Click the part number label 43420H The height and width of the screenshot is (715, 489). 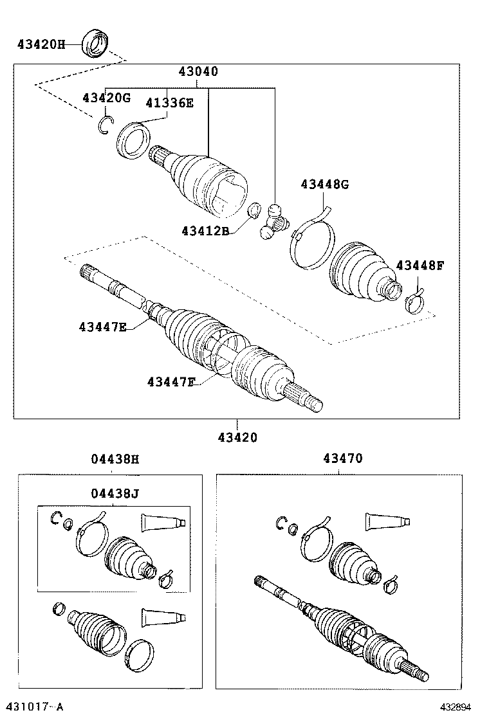(x=41, y=44)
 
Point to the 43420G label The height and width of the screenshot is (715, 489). (x=106, y=98)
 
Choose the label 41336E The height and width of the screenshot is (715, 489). (x=169, y=102)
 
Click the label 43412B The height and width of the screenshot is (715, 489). (x=205, y=230)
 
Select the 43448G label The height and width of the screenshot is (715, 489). (x=324, y=185)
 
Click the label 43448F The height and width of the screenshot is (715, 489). (x=420, y=265)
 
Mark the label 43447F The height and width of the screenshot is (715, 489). (x=171, y=382)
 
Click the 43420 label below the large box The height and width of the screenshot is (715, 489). (x=237, y=437)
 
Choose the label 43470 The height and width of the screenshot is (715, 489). (x=342, y=459)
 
